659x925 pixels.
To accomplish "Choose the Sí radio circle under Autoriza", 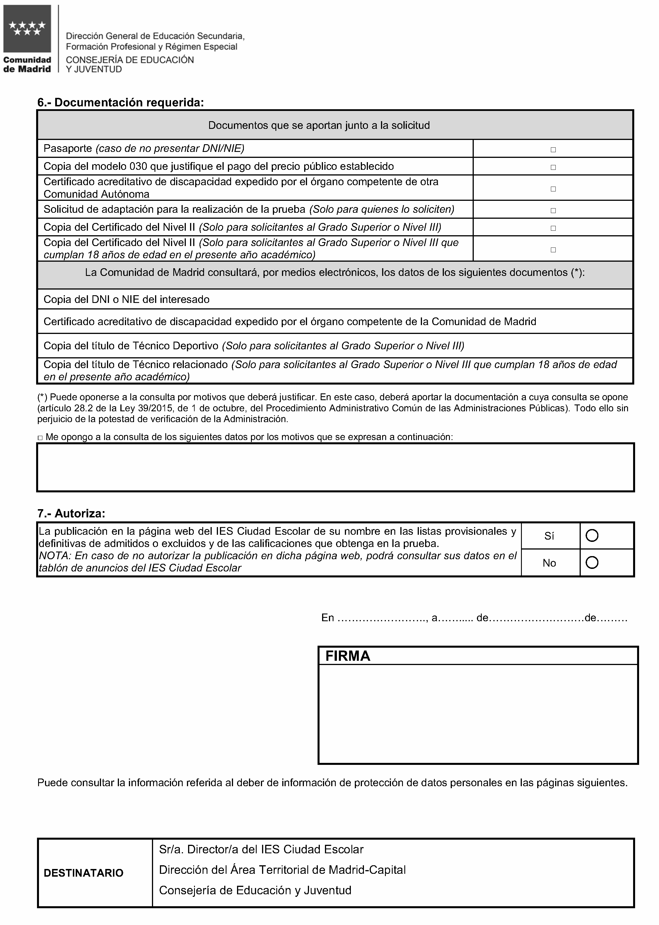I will coord(592,536).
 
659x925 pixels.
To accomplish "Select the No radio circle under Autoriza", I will coord(592,562).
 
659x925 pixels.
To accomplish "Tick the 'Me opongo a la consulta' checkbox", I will coord(40,437).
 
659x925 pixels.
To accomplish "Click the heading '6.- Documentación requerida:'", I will coord(121,103).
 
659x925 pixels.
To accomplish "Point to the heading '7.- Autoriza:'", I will coord(71,513).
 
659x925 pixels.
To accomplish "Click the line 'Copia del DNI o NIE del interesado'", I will coord(126,300).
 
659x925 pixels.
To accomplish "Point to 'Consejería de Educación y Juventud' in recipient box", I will coord(255,891).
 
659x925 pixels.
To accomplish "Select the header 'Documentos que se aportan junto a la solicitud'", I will coord(319,125).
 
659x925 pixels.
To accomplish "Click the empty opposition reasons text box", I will coord(335,468).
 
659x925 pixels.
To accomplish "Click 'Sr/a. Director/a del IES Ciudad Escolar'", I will coord(261,849).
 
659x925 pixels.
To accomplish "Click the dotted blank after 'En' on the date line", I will coord(382,618).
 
